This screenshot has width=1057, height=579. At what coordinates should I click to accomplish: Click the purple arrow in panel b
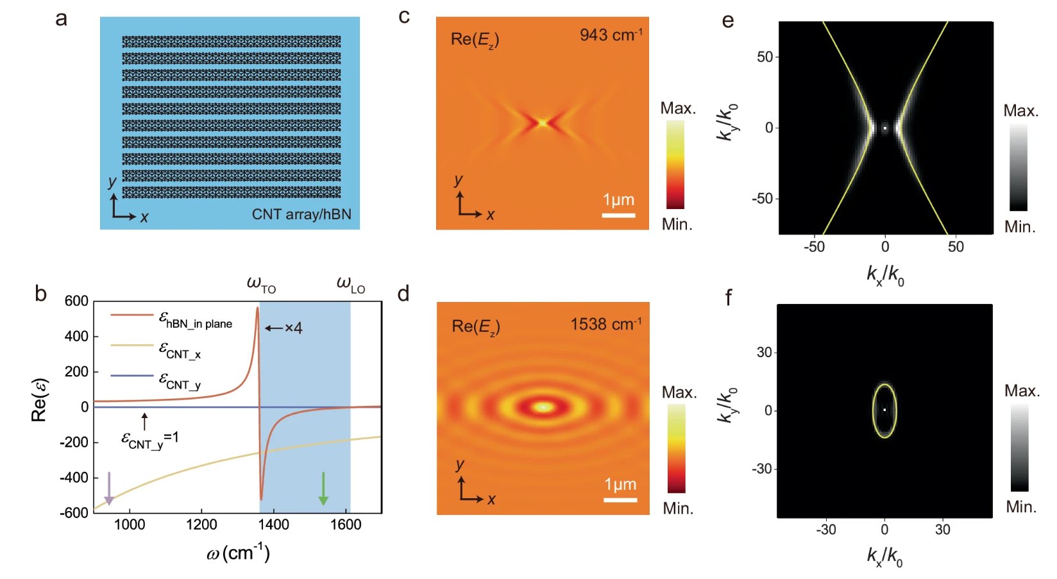click(x=109, y=489)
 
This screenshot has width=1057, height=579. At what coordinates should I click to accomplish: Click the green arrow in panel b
click(x=323, y=489)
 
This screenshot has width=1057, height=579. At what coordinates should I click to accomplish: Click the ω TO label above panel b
click(x=261, y=285)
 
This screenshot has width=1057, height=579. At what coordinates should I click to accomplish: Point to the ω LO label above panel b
click(x=351, y=285)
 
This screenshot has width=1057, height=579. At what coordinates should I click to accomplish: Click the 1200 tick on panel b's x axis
click(x=201, y=524)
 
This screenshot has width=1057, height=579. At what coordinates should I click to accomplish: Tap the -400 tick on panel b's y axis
click(x=74, y=478)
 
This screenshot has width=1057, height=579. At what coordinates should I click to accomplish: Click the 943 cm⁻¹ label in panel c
click(x=611, y=34)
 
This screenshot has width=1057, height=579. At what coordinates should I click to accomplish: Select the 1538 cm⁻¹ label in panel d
click(x=606, y=324)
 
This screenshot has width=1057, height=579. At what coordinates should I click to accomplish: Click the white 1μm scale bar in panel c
click(x=619, y=215)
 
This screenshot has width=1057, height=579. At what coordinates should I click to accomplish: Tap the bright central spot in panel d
click(x=543, y=407)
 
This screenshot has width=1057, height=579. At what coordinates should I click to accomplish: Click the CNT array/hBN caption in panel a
click(x=301, y=214)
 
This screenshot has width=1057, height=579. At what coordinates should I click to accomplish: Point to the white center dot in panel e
click(x=885, y=128)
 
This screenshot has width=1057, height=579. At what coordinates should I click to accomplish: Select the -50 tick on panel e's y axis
click(x=762, y=198)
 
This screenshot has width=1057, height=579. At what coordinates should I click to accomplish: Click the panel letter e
click(x=728, y=21)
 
